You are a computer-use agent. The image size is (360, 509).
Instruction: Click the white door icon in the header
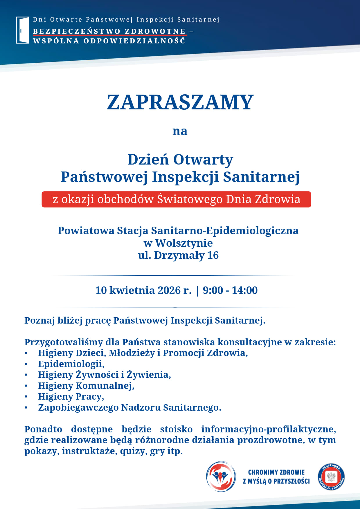[x=22, y=30]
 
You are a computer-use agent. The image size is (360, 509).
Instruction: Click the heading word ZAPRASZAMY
[x=180, y=102]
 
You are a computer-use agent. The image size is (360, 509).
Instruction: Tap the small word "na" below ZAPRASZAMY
[x=180, y=131]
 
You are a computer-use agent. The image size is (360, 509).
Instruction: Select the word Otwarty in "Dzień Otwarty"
[x=203, y=160]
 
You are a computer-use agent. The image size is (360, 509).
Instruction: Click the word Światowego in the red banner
[x=190, y=199]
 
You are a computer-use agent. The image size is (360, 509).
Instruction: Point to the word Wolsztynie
[x=184, y=243]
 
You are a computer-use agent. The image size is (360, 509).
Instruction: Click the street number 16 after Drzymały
[x=213, y=255]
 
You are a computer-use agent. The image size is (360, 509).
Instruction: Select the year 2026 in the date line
[x=169, y=290]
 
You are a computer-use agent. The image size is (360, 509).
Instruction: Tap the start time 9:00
[x=213, y=290]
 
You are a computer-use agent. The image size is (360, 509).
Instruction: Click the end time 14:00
[x=244, y=290]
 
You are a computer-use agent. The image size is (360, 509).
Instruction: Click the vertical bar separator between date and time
[x=197, y=290]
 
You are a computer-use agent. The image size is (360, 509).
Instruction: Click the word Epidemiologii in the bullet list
[x=71, y=364]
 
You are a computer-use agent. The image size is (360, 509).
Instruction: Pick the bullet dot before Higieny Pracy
[x=26, y=397]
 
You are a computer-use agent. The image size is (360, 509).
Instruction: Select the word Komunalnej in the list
[x=105, y=386]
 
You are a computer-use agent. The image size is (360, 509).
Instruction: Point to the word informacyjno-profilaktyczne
[x=269, y=429]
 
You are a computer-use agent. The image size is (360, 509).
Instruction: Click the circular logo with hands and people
[x=221, y=476]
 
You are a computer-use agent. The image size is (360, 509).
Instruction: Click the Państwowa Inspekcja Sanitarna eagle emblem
[x=331, y=476]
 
